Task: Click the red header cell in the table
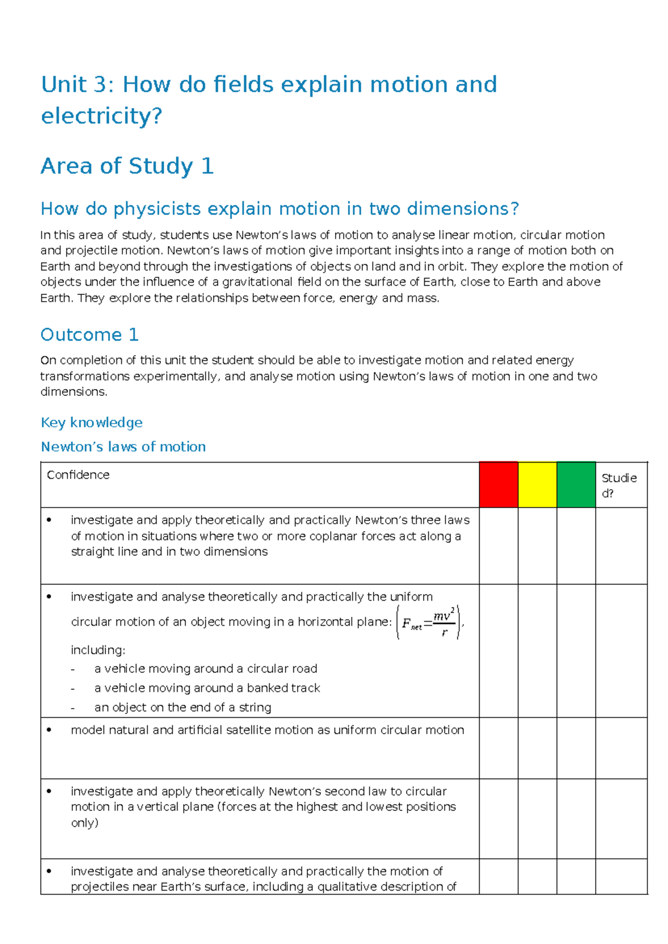pyautogui.click(x=498, y=484)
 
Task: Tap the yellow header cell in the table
pyautogui.click(x=537, y=484)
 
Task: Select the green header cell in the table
pyautogui.click(x=576, y=484)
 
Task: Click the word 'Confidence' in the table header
pyautogui.click(x=78, y=475)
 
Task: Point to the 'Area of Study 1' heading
pyautogui.click(x=127, y=166)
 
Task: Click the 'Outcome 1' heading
pyautogui.click(x=89, y=335)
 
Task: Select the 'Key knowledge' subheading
pyautogui.click(x=91, y=422)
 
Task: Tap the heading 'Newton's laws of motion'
pyautogui.click(x=123, y=446)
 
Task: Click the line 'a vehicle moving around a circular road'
pyautogui.click(x=205, y=668)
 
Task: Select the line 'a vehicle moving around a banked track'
pyautogui.click(x=207, y=688)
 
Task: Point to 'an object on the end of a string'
pyautogui.click(x=183, y=707)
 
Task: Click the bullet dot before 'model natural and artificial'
pyautogui.click(x=50, y=730)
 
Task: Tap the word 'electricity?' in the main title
pyautogui.click(x=101, y=116)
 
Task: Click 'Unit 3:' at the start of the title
pyautogui.click(x=77, y=85)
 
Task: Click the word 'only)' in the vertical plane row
pyautogui.click(x=85, y=823)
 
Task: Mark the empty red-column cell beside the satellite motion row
pyautogui.click(x=498, y=748)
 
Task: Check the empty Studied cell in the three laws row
pyautogui.click(x=621, y=545)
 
